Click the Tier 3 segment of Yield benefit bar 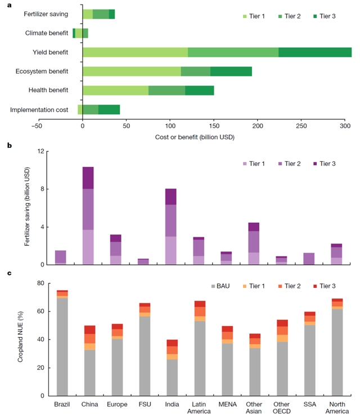click(x=315, y=52)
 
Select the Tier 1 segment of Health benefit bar click(x=115, y=90)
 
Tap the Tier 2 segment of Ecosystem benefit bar click(x=196, y=71)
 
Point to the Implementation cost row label click(x=39, y=109)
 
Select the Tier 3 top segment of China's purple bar click(x=88, y=178)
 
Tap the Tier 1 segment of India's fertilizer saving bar click(x=171, y=250)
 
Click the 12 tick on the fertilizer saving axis click(x=40, y=151)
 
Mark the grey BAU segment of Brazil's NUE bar click(x=62, y=346)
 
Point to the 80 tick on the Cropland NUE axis click(x=40, y=283)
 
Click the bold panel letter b click(x=9, y=145)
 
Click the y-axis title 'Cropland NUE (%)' click(x=22, y=339)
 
